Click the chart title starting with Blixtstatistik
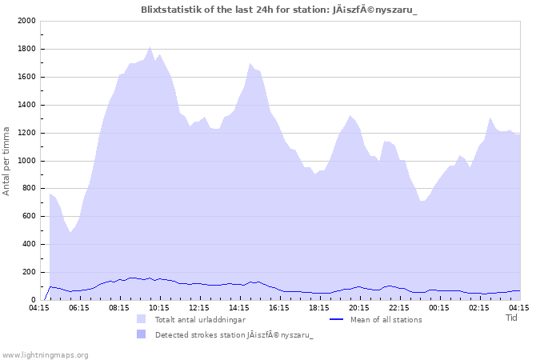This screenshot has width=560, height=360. click(279, 10)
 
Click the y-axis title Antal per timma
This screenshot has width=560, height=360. click(7, 160)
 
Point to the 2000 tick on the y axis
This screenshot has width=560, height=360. click(26, 21)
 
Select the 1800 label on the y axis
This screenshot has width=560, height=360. click(26, 49)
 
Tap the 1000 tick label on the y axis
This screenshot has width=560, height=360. click(26, 161)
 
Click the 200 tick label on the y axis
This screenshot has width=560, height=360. click(29, 272)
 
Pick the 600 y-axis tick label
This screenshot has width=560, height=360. click(29, 216)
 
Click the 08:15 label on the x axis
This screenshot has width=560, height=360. click(118, 307)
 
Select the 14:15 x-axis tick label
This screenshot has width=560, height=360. click(238, 307)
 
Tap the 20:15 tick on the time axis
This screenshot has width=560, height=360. click(358, 307)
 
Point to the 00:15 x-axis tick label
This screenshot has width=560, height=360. click(438, 307)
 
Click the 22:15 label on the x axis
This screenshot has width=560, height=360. click(398, 307)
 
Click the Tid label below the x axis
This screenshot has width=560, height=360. click(512, 318)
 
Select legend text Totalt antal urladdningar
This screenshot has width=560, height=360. click(200, 319)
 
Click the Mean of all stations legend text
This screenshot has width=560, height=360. click(386, 319)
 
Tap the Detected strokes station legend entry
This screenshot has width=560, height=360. click(234, 335)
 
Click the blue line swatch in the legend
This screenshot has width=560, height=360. click(337, 319)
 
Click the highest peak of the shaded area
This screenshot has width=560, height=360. click(150, 46)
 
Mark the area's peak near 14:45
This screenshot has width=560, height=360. click(250, 63)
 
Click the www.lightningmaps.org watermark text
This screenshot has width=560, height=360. click(45, 354)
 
